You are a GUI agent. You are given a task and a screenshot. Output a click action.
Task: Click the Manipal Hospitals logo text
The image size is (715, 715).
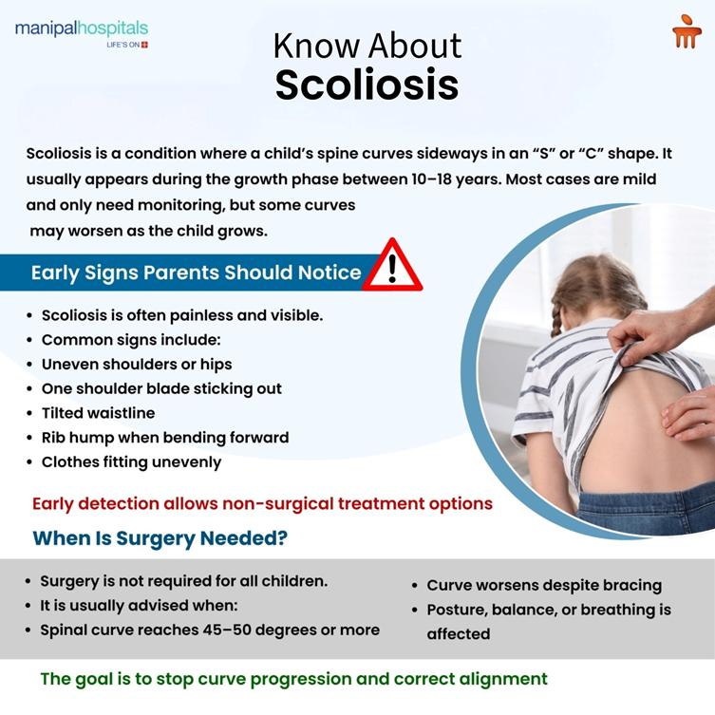[81, 29]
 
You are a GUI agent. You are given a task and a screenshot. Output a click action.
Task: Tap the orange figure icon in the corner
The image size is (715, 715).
[686, 34]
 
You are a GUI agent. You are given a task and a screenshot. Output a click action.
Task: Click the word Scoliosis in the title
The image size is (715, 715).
[367, 85]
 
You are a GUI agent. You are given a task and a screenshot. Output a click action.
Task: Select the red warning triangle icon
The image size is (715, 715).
[391, 267]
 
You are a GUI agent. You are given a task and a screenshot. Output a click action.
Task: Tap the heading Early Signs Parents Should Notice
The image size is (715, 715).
[196, 273]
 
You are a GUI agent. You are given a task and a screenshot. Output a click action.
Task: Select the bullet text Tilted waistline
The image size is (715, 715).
[98, 413]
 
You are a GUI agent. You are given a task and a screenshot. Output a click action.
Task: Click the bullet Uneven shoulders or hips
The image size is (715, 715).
[136, 364]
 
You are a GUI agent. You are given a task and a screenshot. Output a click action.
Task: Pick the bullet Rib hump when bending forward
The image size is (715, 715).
[164, 438]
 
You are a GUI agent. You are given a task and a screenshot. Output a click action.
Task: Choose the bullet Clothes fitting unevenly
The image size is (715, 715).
[131, 462]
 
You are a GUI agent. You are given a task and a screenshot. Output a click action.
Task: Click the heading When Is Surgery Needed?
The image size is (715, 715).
[160, 538]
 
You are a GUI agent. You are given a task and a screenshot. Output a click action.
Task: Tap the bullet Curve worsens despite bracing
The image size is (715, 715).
[544, 585]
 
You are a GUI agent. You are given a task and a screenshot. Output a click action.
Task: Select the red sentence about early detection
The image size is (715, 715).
[262, 503]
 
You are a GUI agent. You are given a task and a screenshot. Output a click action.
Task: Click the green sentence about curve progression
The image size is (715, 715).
[293, 679]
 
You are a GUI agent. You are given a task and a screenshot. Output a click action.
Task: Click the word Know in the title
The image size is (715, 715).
[315, 45]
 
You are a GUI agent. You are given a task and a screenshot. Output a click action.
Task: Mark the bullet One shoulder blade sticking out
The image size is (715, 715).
[161, 388]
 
